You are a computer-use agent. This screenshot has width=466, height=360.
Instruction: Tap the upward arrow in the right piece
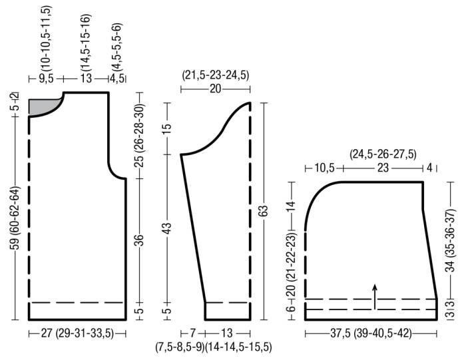[375, 297]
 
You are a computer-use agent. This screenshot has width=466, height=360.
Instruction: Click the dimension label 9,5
[46, 79]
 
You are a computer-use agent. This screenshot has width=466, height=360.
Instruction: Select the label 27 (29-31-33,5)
[77, 333]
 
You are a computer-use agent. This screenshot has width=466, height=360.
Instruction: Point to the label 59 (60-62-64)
[16, 218]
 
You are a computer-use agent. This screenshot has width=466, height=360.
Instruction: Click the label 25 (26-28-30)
[139, 136]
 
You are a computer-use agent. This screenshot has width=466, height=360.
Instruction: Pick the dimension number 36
[140, 240]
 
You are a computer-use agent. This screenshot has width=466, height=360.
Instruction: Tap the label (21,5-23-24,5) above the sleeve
[216, 75]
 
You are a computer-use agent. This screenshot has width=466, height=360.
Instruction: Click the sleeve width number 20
[216, 89]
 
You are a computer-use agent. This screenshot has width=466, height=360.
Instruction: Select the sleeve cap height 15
[167, 128]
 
